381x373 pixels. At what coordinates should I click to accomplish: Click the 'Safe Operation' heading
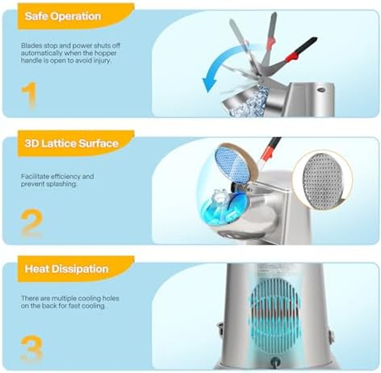[63, 16]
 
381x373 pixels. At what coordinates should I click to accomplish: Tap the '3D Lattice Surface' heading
[71, 143]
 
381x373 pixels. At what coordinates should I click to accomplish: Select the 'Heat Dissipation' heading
[66, 269]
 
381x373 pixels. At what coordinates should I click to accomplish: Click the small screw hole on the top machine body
[321, 89]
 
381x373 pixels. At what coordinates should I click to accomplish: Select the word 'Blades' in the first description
[31, 46]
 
